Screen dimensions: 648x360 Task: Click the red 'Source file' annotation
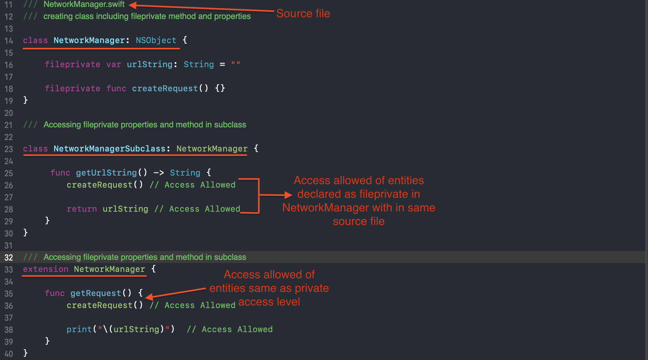pyautogui.click(x=303, y=14)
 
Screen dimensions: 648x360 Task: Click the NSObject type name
pyautogui.click(x=156, y=40)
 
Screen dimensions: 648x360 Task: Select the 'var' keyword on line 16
pyautogui.click(x=113, y=64)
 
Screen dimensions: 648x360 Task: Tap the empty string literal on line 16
pyautogui.click(x=236, y=63)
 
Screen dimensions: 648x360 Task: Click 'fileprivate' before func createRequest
pyautogui.click(x=73, y=88)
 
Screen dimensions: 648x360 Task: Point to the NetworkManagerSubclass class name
pyautogui.click(x=109, y=149)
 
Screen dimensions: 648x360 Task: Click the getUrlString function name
pyautogui.click(x=106, y=173)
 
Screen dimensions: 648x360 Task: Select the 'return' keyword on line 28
pyautogui.click(x=82, y=209)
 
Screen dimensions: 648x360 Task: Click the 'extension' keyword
pyautogui.click(x=46, y=269)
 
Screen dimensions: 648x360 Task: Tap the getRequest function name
pyautogui.click(x=96, y=293)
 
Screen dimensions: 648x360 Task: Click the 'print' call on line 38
pyautogui.click(x=79, y=329)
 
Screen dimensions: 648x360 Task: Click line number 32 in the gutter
pyautogui.click(x=9, y=257)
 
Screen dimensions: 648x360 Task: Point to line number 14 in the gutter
pyautogui.click(x=9, y=41)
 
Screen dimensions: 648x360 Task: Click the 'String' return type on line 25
pyautogui.click(x=185, y=173)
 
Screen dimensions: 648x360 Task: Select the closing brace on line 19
pyautogui.click(x=26, y=100)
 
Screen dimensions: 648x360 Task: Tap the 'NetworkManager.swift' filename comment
pyautogui.click(x=84, y=4)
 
